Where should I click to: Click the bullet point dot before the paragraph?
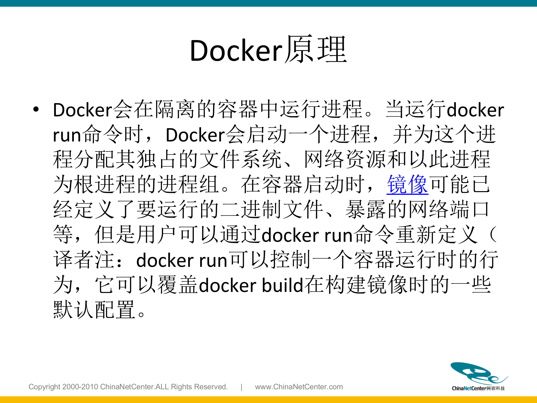tap(36, 109)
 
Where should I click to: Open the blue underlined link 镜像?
tap(407, 184)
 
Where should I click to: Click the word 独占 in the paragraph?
tap(157, 159)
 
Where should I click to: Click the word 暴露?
tap(366, 210)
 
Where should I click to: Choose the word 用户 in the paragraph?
tap(157, 235)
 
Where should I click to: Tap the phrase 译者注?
tap(84, 260)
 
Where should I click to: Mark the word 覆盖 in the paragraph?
tap(178, 285)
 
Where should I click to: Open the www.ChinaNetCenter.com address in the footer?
tap(299, 387)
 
